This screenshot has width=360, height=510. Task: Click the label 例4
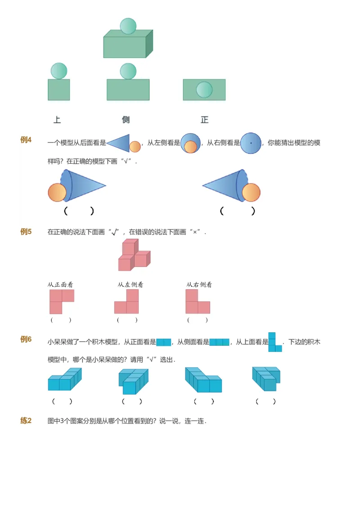click(x=26, y=140)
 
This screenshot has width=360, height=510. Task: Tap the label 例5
click(x=26, y=232)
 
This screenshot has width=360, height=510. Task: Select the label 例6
click(x=26, y=339)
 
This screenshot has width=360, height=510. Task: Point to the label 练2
click(x=26, y=421)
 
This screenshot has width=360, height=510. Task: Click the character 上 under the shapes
click(x=57, y=120)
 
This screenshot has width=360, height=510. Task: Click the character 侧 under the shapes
click(x=126, y=120)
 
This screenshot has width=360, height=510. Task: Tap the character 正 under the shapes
click(x=205, y=120)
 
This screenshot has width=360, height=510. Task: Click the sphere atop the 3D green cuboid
click(x=128, y=26)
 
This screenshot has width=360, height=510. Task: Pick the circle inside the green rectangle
click(x=204, y=90)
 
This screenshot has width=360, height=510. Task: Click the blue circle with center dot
click(x=251, y=143)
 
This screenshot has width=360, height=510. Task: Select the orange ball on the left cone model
click(x=57, y=192)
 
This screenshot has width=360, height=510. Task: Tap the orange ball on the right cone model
click(x=251, y=192)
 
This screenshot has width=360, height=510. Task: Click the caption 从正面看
click(x=60, y=284)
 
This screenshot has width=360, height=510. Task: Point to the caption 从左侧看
click(x=130, y=284)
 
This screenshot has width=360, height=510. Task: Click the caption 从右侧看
click(x=199, y=284)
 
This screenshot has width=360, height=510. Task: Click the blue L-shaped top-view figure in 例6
click(x=274, y=343)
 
